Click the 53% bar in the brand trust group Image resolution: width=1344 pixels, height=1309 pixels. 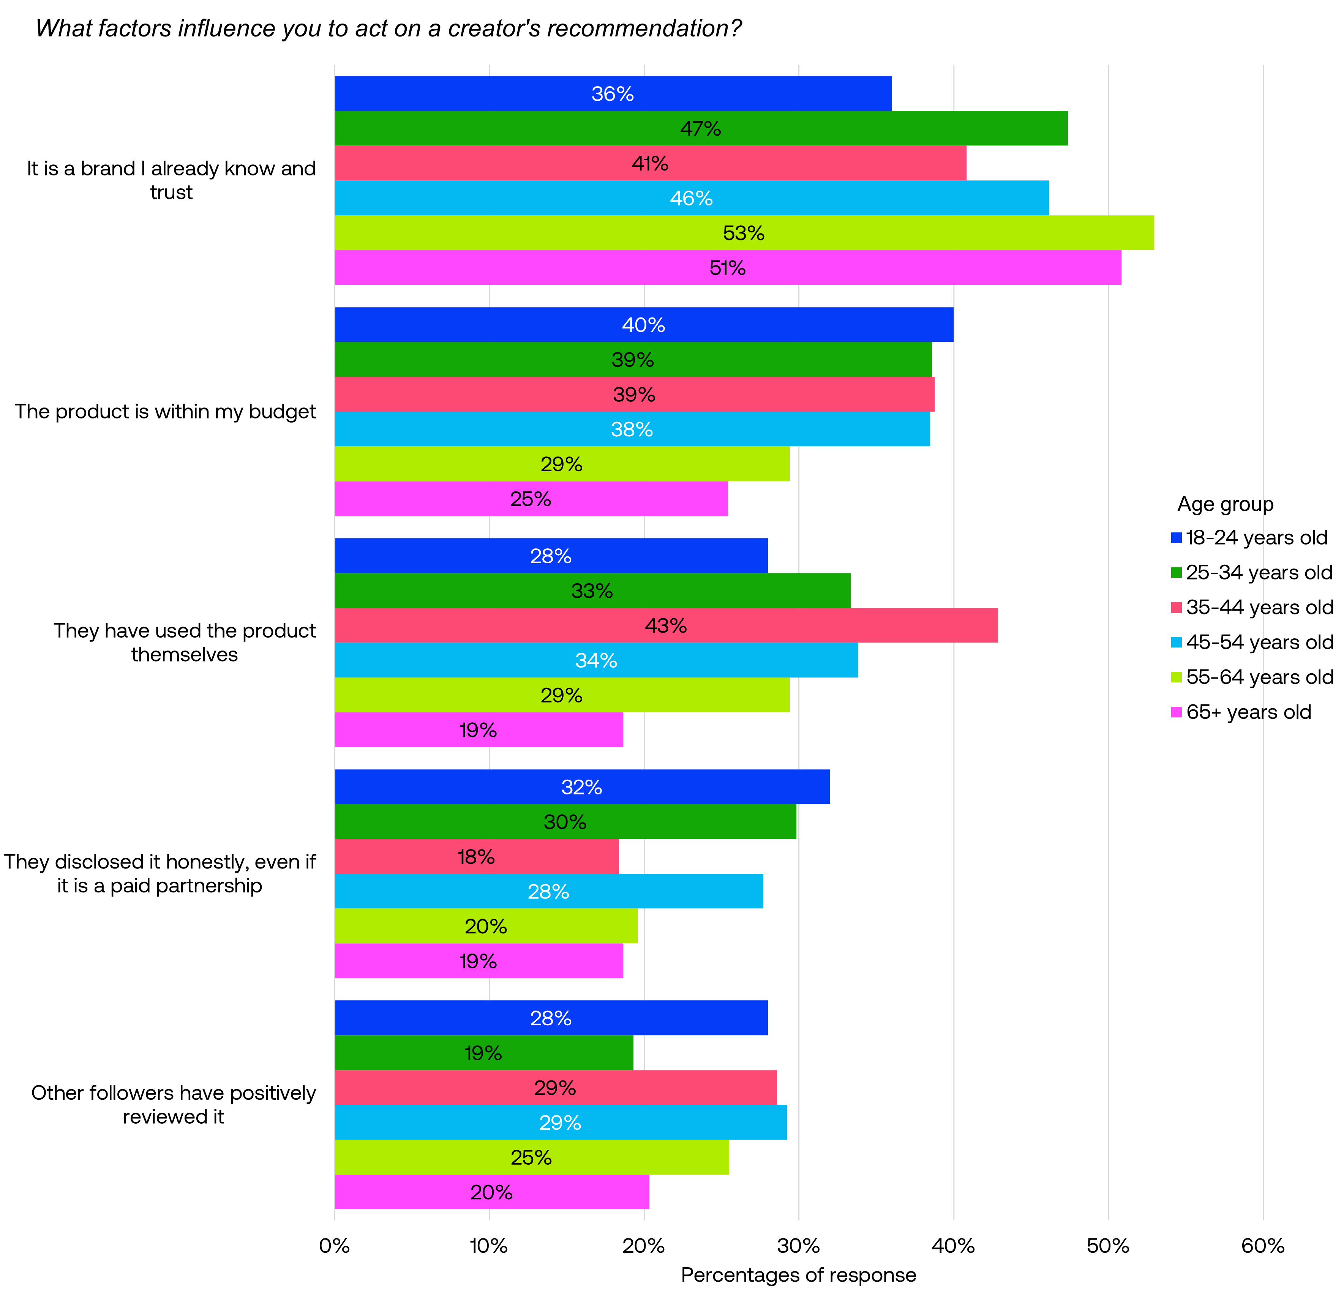(x=744, y=233)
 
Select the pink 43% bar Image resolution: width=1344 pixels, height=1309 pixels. (x=665, y=625)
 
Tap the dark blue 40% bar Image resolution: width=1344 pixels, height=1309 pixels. (x=643, y=325)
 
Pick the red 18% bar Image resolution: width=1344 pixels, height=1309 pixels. (x=476, y=857)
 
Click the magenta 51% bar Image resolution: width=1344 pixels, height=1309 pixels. (x=727, y=267)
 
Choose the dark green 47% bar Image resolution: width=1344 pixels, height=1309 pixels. (x=701, y=129)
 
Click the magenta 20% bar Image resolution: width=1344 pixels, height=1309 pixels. (x=491, y=1192)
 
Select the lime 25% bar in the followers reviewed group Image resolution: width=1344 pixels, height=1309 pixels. (x=531, y=1157)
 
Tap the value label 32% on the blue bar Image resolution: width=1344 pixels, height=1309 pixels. (x=581, y=787)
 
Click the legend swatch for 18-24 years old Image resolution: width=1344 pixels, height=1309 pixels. (x=1176, y=538)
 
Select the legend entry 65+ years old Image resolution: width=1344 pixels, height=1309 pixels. (x=1248, y=712)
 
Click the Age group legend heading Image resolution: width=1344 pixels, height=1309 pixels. (x=1225, y=504)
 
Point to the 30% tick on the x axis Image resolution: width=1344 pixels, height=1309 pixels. (x=798, y=1246)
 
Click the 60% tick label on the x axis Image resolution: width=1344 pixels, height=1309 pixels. (x=1262, y=1246)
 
